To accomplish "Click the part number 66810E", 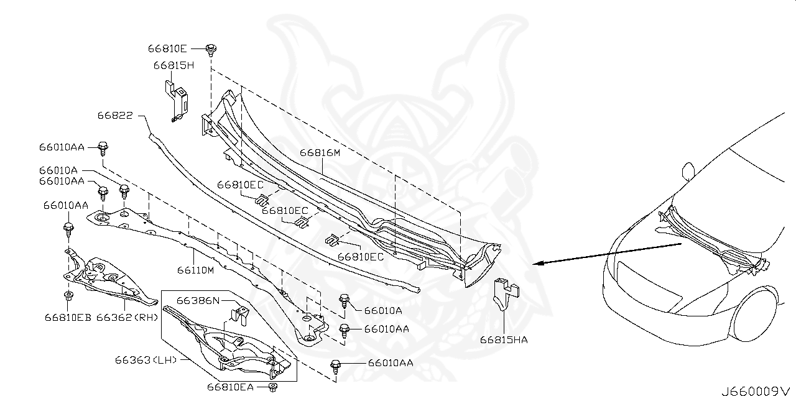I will (x=167, y=48).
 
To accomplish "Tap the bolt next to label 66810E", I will (x=212, y=48).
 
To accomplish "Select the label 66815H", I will (x=174, y=65).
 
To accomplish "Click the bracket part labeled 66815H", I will (x=177, y=98).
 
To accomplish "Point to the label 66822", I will (x=115, y=115).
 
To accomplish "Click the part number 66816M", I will (x=320, y=152).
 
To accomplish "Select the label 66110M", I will (x=195, y=270).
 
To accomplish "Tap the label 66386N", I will (x=198, y=300).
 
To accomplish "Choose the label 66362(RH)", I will (x=127, y=317).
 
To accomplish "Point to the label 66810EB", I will (x=67, y=317).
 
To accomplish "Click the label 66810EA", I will (x=230, y=387).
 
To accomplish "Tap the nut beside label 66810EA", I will (x=272, y=387).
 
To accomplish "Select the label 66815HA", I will (x=504, y=339).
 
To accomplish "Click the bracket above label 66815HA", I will (x=504, y=293).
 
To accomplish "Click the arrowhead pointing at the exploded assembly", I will (x=539, y=263).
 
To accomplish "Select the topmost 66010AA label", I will (x=61, y=147).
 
